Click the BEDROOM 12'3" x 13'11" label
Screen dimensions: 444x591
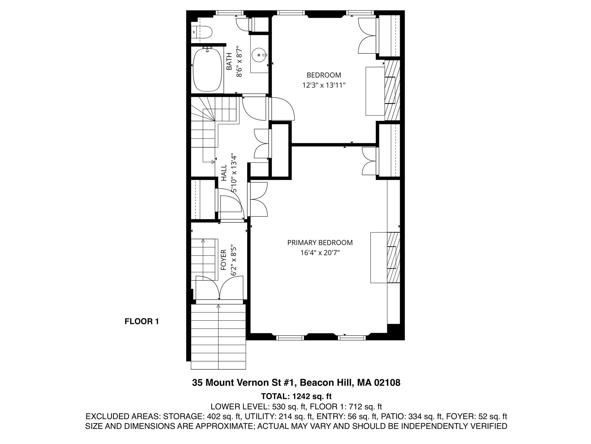(323, 80)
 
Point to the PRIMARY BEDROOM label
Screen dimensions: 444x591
(320, 243)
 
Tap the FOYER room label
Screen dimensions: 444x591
(224, 260)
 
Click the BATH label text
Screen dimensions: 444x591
(229, 61)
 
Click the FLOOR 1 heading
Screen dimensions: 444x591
(142, 321)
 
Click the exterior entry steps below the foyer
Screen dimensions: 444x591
(218, 337)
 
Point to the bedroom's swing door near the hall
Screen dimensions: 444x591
(281, 109)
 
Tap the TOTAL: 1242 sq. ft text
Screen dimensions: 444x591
(296, 396)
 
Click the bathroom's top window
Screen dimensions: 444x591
(230, 12)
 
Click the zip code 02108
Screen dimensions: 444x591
(387, 383)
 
